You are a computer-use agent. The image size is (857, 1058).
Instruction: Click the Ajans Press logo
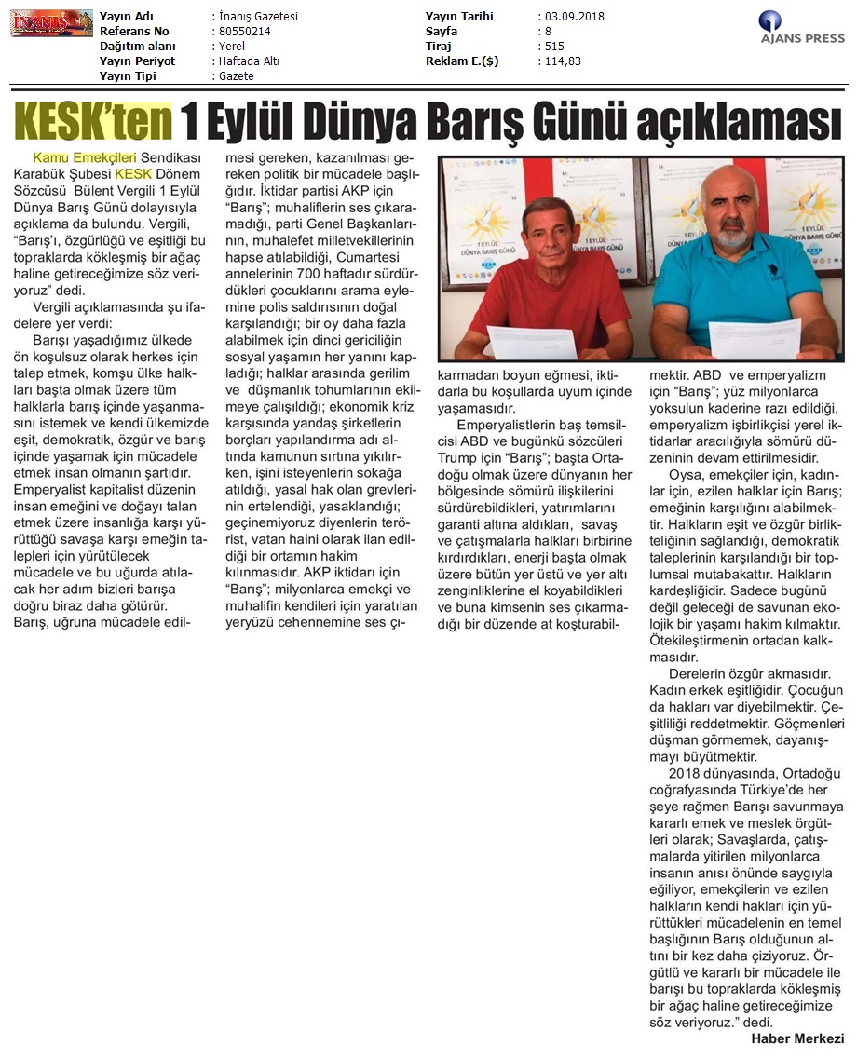pyautogui.click(x=802, y=27)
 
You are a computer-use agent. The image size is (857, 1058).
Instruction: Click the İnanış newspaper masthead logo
pyautogui.click(x=51, y=22)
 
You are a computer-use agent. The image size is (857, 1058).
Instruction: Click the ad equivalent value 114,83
pyautogui.click(x=562, y=61)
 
